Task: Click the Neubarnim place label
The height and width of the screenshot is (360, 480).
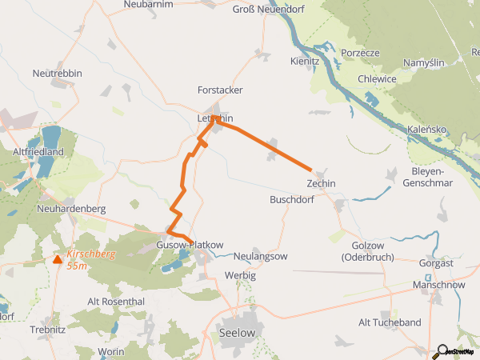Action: (149, 5)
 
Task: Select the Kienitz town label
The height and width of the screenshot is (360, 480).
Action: (306, 60)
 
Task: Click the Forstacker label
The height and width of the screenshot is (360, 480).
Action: (220, 90)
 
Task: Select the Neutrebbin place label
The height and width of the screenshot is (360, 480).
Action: (58, 74)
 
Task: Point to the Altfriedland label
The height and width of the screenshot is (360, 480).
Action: (38, 150)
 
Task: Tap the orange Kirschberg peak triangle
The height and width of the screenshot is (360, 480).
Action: (57, 258)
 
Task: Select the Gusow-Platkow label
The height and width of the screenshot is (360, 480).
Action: (190, 244)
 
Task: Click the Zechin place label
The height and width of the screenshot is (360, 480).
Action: (321, 184)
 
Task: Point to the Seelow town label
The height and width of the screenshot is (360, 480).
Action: (237, 332)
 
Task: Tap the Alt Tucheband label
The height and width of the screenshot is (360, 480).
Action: (390, 322)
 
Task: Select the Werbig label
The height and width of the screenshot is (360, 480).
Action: (239, 274)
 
